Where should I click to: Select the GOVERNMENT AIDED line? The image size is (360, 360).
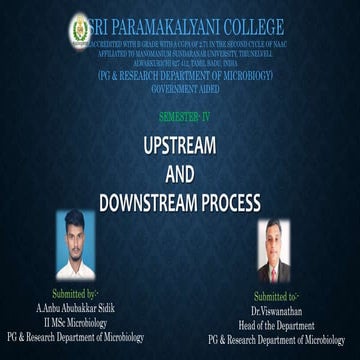179,89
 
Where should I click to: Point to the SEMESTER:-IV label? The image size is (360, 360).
180,117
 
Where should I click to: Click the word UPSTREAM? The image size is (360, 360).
180,144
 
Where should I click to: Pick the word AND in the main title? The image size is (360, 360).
180,171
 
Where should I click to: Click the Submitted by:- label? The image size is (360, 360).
77,295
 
